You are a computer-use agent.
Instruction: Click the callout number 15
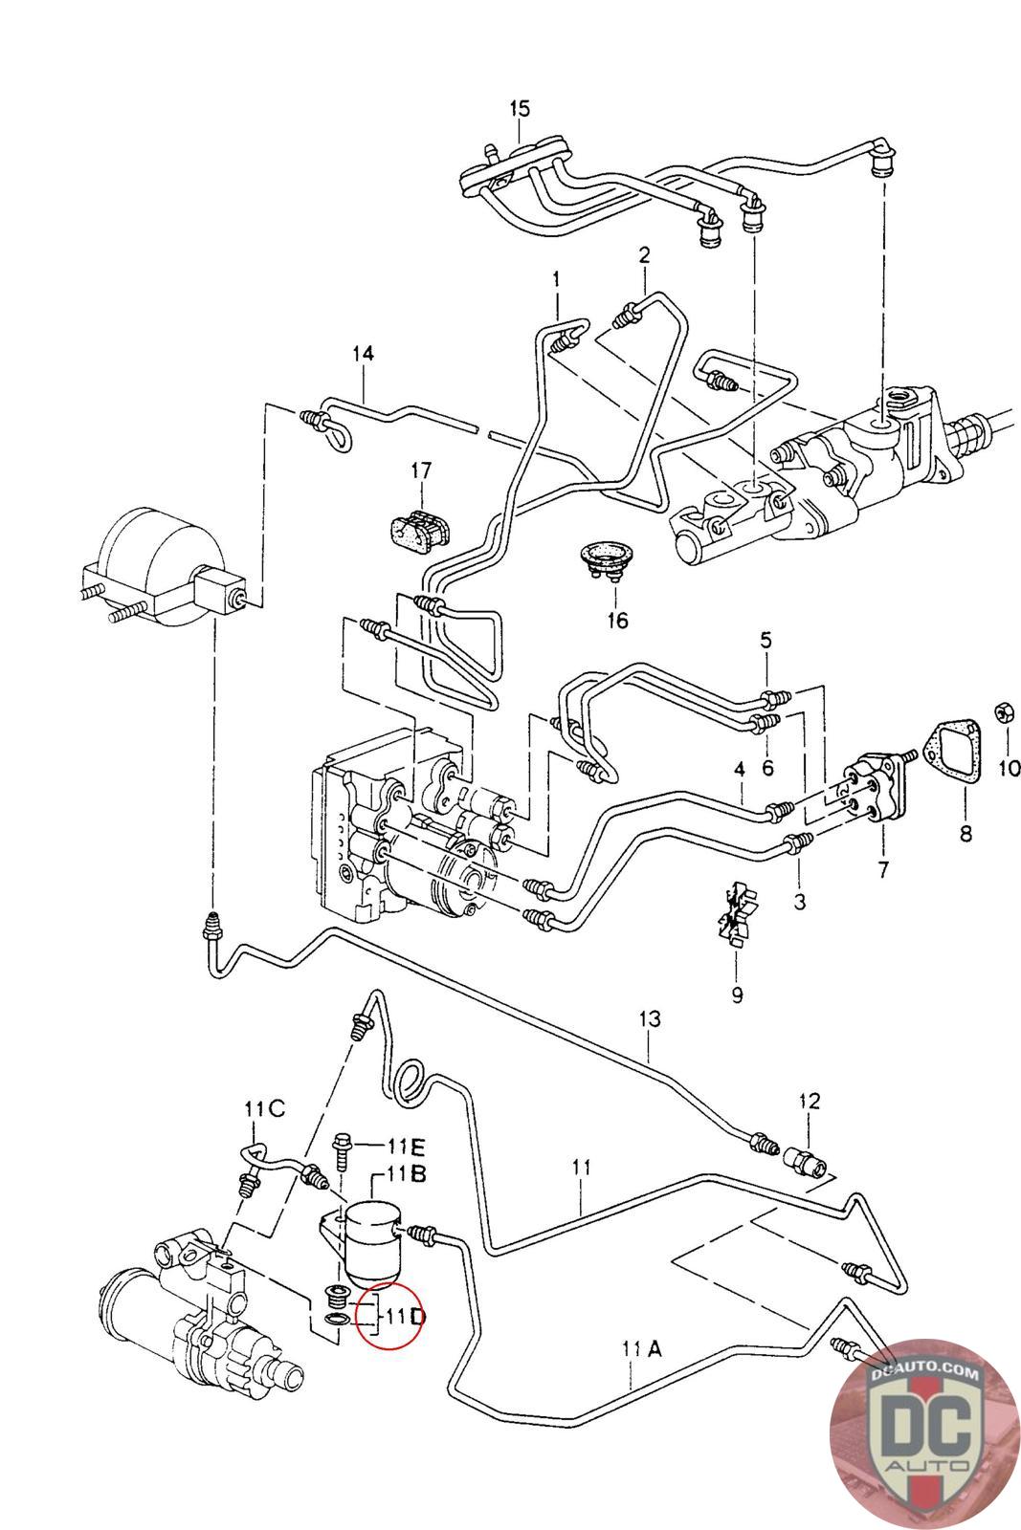[519, 108]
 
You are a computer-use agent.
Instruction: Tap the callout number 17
[421, 470]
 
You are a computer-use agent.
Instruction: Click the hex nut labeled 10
[1006, 711]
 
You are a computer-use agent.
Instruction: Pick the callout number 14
[362, 354]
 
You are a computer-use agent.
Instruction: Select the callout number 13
[650, 1019]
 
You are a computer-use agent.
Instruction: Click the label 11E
[406, 1146]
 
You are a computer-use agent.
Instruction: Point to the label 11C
[264, 1109]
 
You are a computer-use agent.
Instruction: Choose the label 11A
[641, 1349]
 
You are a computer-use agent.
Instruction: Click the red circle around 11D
[387, 1315]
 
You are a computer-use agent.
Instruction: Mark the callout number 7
[882, 870]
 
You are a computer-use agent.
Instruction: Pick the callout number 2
[644, 255]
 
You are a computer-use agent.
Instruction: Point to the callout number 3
[799, 901]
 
